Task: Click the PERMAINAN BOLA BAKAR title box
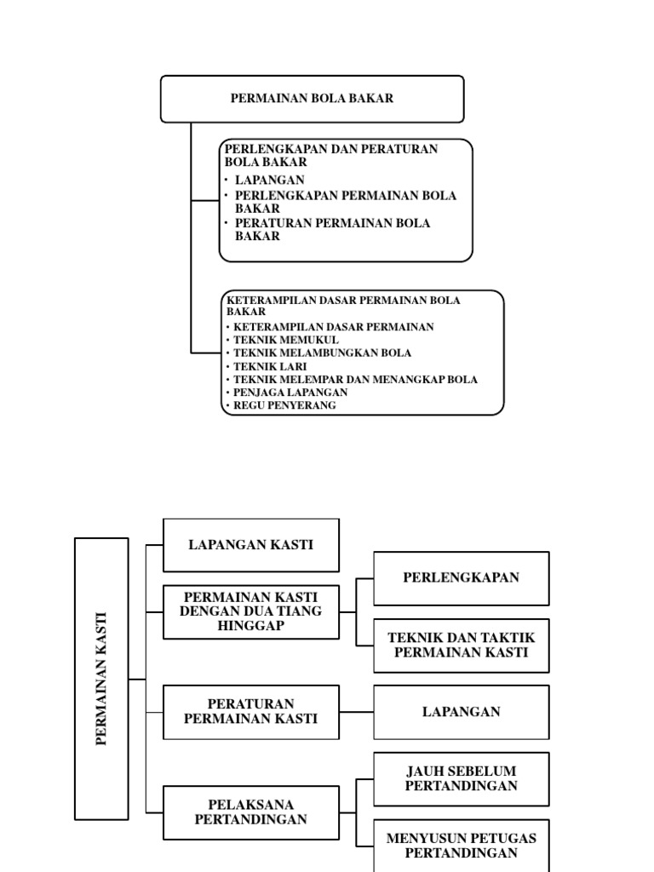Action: click(x=312, y=99)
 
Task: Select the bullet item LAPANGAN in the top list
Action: click(x=269, y=181)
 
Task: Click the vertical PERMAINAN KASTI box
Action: click(x=102, y=679)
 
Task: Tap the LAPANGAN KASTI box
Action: click(x=251, y=545)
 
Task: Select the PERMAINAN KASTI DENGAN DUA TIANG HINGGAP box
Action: click(x=251, y=611)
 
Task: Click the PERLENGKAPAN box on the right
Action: click(x=461, y=577)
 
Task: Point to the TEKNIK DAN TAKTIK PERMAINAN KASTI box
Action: click(x=461, y=645)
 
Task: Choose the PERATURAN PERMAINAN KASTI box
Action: click(x=251, y=711)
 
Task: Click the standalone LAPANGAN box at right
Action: click(x=461, y=712)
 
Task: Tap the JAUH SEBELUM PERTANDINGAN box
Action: click(x=461, y=778)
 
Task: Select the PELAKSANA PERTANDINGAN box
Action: click(x=251, y=812)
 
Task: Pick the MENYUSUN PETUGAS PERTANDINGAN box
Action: click(x=461, y=845)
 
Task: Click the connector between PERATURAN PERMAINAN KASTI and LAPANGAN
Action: click(x=356, y=712)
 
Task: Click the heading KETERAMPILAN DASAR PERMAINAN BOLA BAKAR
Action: click(x=343, y=306)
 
